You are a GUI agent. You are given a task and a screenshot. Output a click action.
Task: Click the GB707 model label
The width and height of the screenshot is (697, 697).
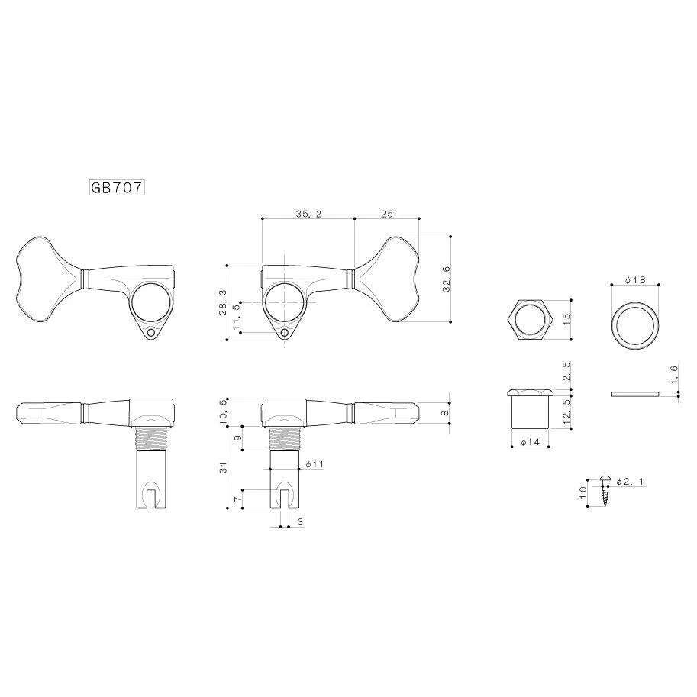pos(118,188)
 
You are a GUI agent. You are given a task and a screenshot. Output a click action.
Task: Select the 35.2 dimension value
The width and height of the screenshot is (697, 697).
pos(308,214)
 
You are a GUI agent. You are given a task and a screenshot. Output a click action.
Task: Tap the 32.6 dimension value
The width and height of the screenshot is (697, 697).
pos(447,279)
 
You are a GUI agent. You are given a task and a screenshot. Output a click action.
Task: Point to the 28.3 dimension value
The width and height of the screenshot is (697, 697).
pos(222,302)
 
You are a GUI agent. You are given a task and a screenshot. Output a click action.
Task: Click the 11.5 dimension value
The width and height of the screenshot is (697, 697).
pos(237,318)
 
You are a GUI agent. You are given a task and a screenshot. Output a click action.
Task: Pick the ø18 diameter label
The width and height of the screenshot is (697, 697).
pos(635,280)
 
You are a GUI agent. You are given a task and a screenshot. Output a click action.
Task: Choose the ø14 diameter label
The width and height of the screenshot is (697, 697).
pos(530,442)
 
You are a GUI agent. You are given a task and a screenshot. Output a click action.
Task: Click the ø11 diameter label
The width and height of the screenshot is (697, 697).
pos(315,464)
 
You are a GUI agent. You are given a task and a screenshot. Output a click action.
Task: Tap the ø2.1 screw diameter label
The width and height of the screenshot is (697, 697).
pos(630,482)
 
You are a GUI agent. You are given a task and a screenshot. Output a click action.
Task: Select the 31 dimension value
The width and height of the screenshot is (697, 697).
pos(223,467)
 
